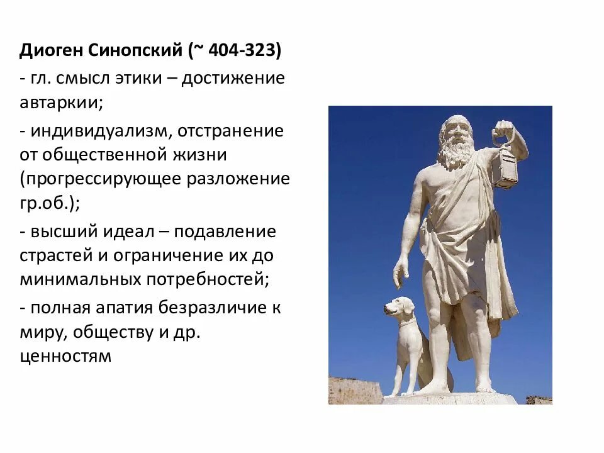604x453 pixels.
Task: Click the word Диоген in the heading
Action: (52, 51)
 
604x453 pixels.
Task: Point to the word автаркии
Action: (59, 103)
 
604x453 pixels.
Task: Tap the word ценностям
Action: (65, 356)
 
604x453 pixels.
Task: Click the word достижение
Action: (233, 79)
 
